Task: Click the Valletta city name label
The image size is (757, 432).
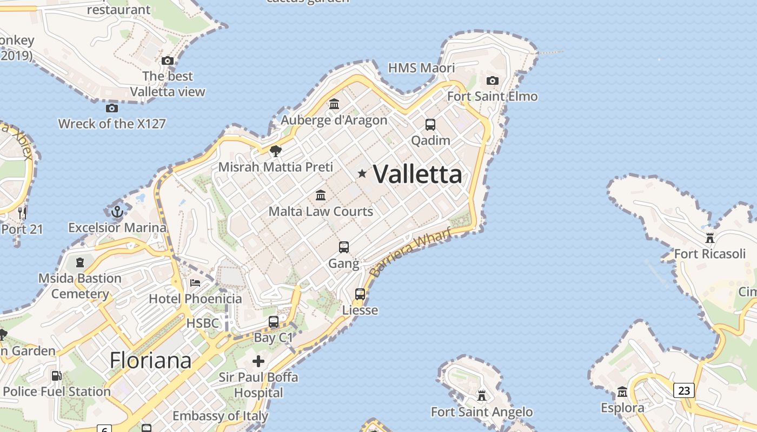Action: pos(417,174)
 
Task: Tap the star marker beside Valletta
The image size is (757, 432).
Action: pos(362,173)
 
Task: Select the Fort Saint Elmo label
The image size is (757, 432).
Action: pos(492,97)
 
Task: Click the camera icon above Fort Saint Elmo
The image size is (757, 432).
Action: pos(492,81)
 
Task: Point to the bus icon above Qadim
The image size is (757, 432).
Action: pos(430,125)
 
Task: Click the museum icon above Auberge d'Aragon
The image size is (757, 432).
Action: pos(334,104)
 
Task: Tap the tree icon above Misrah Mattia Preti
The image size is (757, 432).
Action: pos(276,151)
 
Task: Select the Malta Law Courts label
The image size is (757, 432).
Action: pos(321,211)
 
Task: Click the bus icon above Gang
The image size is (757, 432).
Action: pos(344,247)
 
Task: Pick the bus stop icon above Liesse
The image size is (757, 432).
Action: pos(360,294)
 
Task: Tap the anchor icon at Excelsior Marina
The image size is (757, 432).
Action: pos(117,212)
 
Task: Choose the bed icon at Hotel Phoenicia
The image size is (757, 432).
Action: pos(195,282)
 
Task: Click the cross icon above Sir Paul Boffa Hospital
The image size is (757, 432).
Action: pos(258,361)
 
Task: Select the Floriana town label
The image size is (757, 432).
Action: pos(150,360)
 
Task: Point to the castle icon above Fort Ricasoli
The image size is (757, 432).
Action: pos(709,238)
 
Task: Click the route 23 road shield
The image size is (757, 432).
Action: pos(683,390)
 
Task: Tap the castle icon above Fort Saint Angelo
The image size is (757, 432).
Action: pos(482,396)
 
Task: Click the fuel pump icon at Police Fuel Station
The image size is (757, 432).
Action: pos(56,376)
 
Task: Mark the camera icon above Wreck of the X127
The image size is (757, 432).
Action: pos(112,108)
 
